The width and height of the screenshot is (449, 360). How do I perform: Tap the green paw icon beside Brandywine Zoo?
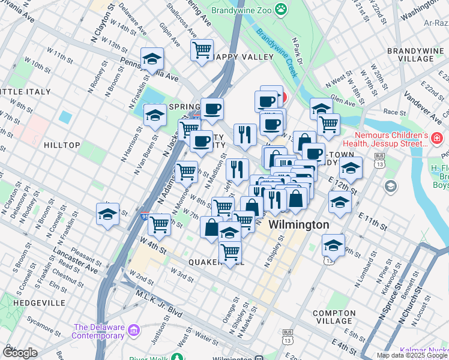point(280,8)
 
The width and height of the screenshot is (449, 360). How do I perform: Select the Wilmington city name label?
point(298,225)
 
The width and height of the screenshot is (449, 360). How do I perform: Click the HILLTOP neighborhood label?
point(62,145)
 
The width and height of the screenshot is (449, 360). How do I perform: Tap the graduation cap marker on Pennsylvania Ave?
point(152,59)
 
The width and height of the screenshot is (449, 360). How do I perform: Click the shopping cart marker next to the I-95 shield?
point(160,224)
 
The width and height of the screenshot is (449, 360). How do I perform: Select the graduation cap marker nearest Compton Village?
point(333,244)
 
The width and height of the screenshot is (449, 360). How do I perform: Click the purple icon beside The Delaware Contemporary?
point(133,331)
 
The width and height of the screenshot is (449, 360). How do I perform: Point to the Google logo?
point(20,353)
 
